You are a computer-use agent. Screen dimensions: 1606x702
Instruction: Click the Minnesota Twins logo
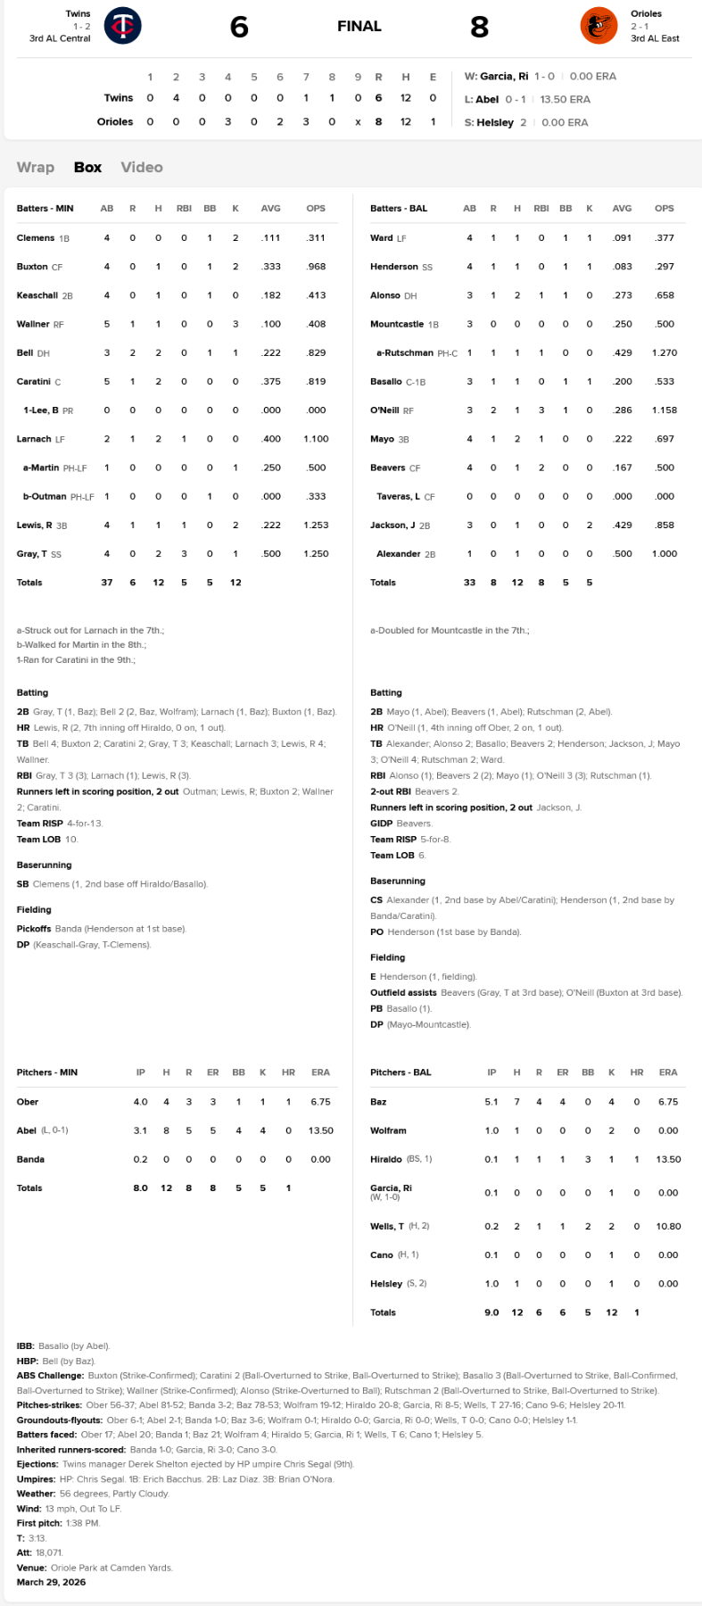tap(122, 26)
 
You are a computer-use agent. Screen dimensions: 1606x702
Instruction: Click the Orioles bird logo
tap(599, 26)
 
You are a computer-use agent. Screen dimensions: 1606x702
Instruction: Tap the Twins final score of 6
tap(239, 27)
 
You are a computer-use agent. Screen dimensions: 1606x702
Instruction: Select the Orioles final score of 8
tap(480, 27)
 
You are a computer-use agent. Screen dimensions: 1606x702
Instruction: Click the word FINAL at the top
tap(359, 27)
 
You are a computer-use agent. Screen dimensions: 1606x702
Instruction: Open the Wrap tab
tap(36, 167)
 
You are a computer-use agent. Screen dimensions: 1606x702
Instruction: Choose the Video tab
tap(142, 167)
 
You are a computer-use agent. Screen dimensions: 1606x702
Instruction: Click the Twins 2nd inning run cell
tap(176, 98)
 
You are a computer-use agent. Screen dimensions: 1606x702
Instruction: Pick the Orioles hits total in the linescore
tap(406, 121)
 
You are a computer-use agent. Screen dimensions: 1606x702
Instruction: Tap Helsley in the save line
tap(495, 122)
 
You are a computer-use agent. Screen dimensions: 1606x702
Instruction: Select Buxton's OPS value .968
tap(316, 267)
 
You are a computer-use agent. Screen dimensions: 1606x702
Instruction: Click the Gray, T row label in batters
tap(32, 554)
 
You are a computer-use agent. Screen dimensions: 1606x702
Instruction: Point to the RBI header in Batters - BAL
tap(541, 209)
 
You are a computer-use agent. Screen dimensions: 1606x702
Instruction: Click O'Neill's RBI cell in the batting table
tap(541, 410)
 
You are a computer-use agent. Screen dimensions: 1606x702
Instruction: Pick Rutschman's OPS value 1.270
tap(665, 353)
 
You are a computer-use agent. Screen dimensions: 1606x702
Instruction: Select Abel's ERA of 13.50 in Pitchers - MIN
tap(321, 1130)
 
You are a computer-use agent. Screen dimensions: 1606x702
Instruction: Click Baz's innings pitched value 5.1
tap(491, 1102)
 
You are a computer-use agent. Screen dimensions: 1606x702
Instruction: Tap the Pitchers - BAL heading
tap(401, 1072)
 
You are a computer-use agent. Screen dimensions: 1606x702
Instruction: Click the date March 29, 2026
tap(52, 1582)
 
